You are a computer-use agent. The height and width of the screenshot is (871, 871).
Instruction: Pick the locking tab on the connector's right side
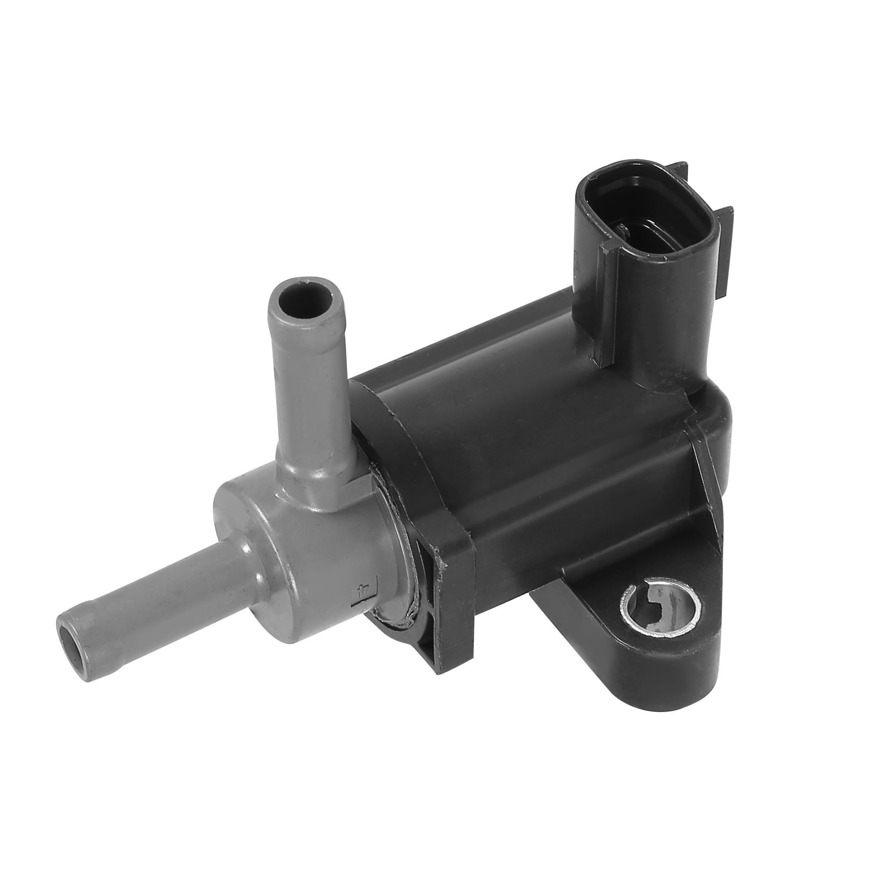pos(726,243)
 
